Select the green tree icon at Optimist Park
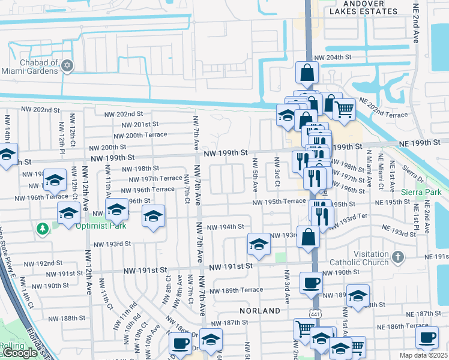point(43,228)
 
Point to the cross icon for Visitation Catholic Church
point(397,257)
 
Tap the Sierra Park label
point(422,192)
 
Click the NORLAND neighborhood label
point(260,311)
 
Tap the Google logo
point(19,352)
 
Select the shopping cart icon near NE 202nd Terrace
point(344,109)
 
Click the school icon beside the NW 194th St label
point(259,244)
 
